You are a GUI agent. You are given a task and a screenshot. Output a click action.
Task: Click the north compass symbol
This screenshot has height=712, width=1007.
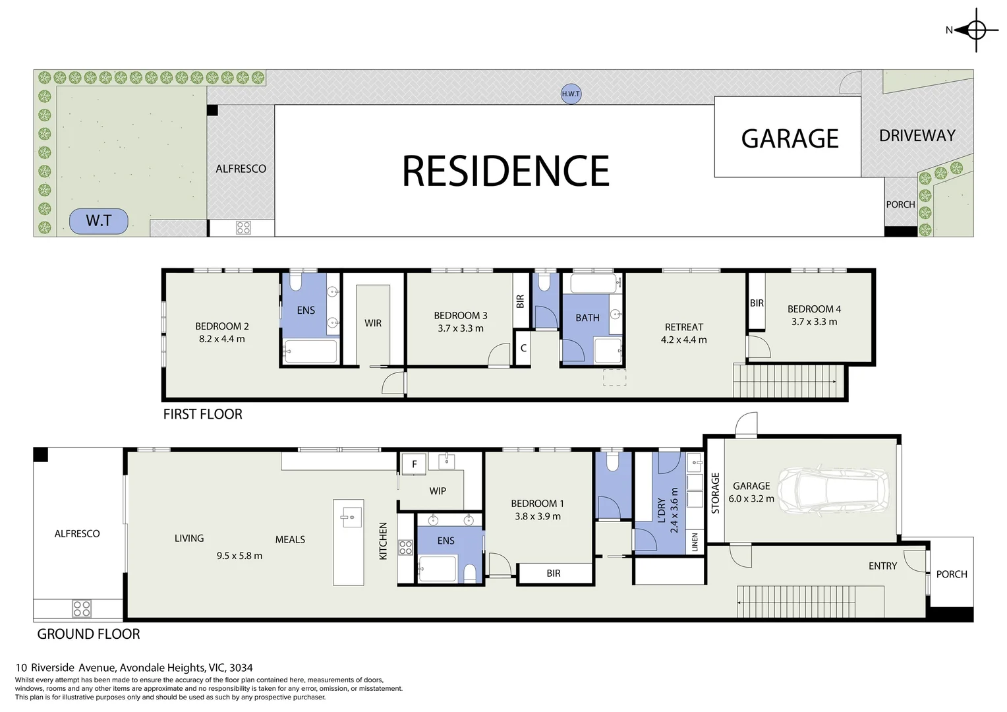[975, 30]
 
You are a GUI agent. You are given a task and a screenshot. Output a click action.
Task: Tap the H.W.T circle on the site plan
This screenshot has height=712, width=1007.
[571, 94]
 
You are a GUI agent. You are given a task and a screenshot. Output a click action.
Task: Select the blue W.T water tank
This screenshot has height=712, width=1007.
[99, 221]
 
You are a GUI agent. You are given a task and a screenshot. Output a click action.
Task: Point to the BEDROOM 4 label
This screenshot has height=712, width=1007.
[814, 309]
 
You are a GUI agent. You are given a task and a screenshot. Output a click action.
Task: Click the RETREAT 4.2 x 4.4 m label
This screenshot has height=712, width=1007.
[683, 333]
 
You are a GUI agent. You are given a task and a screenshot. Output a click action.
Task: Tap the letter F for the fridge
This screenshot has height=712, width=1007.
[414, 464]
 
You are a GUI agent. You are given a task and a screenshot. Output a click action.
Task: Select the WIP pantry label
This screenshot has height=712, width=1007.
[438, 491]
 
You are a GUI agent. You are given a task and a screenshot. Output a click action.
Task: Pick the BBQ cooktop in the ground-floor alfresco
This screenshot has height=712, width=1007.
[82, 608]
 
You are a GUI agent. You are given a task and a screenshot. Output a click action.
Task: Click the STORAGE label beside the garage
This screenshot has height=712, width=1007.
[715, 493]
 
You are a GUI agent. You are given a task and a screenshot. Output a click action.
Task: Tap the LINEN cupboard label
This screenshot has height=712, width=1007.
[694, 543]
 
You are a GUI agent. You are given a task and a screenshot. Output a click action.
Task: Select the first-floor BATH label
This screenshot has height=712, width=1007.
[587, 318]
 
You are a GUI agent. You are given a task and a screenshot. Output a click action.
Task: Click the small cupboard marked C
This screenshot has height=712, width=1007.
[523, 348]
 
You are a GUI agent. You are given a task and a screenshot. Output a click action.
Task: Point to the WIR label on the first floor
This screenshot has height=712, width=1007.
[373, 323]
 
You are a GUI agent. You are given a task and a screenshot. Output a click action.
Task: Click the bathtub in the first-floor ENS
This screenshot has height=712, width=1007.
[310, 352]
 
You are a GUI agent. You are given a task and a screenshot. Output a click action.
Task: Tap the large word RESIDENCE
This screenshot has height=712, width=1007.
[505, 171]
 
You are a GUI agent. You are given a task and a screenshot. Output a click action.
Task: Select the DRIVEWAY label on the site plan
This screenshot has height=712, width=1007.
[917, 136]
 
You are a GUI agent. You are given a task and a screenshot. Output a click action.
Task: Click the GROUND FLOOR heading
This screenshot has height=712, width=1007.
[88, 634]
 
